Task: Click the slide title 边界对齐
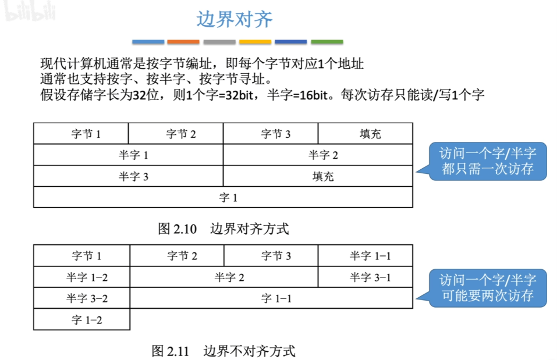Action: coord(235,19)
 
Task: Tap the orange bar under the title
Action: coord(183,42)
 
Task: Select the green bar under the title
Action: coord(327,42)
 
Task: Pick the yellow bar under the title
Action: coord(255,42)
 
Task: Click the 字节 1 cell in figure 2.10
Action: coord(81,134)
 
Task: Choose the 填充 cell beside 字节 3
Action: coord(365,134)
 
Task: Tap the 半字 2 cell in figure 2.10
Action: coord(318,155)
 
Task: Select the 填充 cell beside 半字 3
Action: coord(318,176)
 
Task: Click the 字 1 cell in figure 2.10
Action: coord(223,197)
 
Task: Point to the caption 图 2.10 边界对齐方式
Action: coord(223,229)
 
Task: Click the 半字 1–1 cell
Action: coord(366,256)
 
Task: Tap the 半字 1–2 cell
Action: coord(81,277)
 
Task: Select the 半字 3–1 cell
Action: coord(366,277)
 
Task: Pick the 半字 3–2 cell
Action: coord(81,298)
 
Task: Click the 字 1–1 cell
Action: coord(271,298)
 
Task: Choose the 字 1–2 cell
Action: coord(81,319)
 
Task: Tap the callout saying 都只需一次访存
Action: coord(487,161)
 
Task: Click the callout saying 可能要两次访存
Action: coord(487,288)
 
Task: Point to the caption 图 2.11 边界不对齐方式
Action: coord(223,351)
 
